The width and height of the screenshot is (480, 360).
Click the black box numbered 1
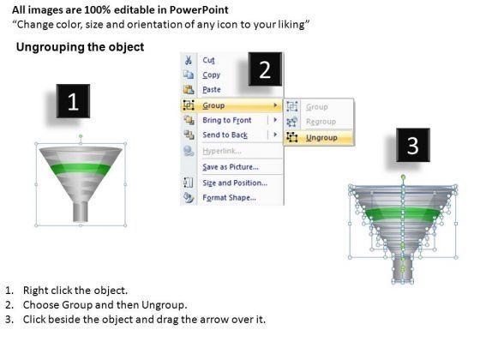[x=73, y=101]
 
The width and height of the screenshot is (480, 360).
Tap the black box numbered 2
[x=265, y=69]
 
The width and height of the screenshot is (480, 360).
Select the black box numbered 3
[x=413, y=145]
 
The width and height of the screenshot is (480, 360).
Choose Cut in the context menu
[x=209, y=60]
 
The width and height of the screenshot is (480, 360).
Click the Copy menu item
[x=211, y=75]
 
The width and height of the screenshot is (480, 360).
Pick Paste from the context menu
[x=212, y=90]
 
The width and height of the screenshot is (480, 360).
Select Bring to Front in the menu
[x=227, y=120]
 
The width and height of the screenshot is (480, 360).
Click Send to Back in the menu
[x=225, y=135]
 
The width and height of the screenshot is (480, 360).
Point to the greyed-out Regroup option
[x=321, y=122]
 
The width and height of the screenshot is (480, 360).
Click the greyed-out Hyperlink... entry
[x=222, y=151]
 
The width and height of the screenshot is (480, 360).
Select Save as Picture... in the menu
[x=231, y=167]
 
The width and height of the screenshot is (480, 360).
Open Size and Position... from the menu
[x=235, y=183]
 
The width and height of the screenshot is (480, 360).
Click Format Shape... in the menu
[x=230, y=198]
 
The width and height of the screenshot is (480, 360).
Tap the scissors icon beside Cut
[x=189, y=60]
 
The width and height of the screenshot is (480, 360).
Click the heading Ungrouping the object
[x=81, y=47]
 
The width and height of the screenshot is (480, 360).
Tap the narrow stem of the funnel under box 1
[x=81, y=212]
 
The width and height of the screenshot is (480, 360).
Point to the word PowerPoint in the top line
[x=199, y=10]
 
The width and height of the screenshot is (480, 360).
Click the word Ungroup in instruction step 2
[x=163, y=305]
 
